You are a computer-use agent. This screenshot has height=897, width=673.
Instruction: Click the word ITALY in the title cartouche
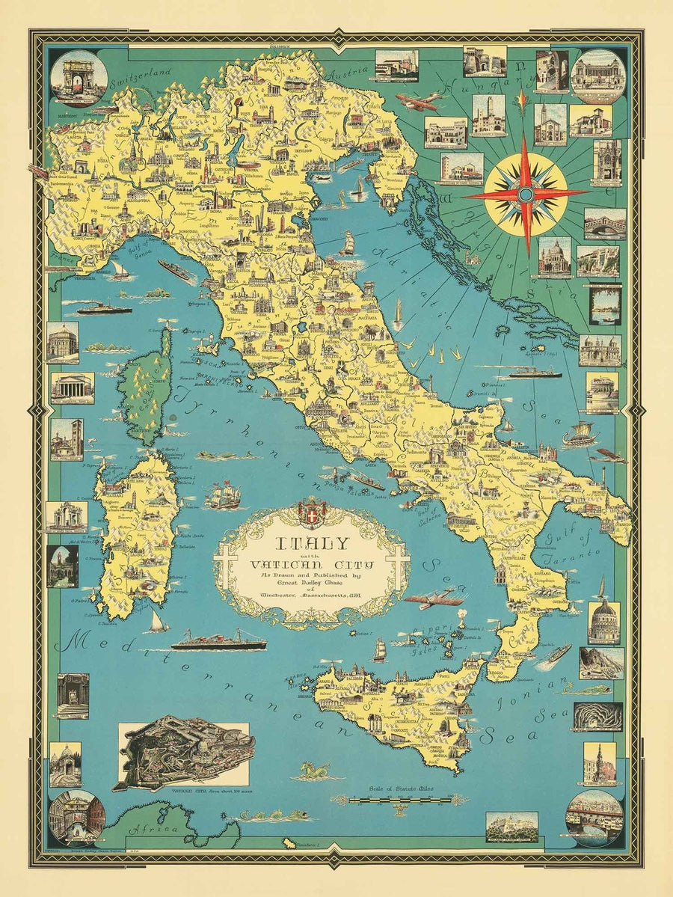(311, 544)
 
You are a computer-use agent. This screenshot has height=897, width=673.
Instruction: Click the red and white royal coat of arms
(312, 512)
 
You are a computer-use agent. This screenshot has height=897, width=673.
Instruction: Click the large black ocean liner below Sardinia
(218, 641)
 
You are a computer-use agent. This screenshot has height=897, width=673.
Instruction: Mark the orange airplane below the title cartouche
(434, 598)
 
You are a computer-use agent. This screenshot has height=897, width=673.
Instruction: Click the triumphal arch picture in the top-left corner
(79, 77)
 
